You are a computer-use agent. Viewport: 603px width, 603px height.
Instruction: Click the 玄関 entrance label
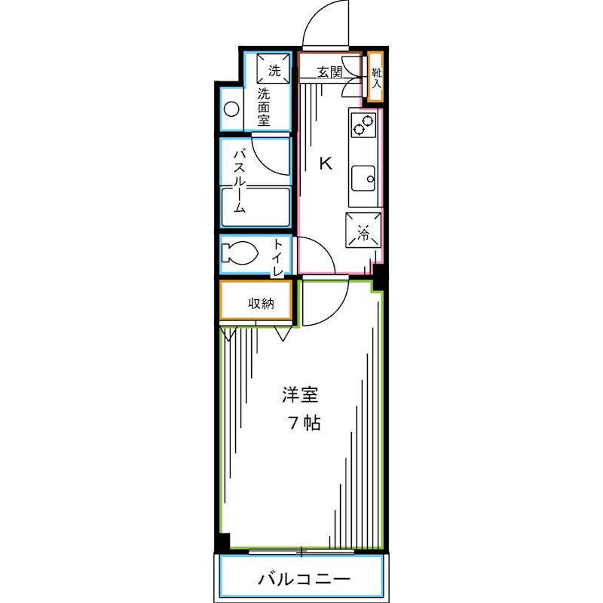tap(329, 72)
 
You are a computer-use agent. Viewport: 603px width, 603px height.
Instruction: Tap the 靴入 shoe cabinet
tap(375, 76)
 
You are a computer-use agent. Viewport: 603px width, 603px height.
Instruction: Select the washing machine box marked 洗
tap(274, 72)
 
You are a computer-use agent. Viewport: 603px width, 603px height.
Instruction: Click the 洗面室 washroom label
tap(264, 108)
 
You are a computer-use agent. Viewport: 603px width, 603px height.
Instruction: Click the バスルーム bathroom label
tap(238, 181)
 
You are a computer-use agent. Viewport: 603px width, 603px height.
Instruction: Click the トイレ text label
tap(278, 256)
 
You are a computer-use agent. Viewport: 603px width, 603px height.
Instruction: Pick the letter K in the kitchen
tap(326, 163)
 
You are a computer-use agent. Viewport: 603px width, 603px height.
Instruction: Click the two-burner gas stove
tap(363, 126)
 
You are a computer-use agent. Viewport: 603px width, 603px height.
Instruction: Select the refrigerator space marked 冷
tap(363, 231)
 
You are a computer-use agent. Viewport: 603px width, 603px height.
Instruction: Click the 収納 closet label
tap(260, 303)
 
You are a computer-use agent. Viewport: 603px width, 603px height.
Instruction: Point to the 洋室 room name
tap(301, 393)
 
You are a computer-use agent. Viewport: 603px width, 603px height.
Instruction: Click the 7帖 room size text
tap(304, 423)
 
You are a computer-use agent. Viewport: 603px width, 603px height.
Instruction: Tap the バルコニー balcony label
tap(304, 579)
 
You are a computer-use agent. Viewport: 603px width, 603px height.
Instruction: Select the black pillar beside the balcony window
tap(222, 542)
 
